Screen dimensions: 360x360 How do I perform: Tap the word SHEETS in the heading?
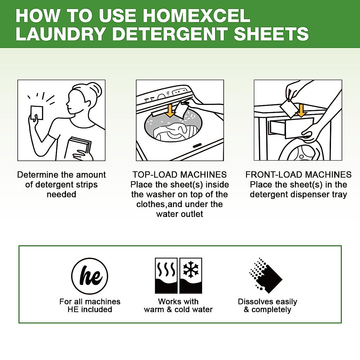[x=271, y=34]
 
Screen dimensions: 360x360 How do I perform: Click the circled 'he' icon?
[x=90, y=276]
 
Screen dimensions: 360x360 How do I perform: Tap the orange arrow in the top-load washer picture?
[x=170, y=110]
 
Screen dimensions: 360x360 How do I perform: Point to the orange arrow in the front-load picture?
[x=301, y=111]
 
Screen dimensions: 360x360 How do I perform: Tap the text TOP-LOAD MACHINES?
[x=180, y=175]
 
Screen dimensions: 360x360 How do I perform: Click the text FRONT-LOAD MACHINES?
[x=298, y=175]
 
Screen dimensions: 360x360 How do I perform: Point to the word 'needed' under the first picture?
[x=61, y=194]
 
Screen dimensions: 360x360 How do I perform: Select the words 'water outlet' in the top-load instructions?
[x=180, y=214]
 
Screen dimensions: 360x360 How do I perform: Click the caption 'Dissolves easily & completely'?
[x=267, y=305]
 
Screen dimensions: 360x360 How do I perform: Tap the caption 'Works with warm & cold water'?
[x=178, y=305]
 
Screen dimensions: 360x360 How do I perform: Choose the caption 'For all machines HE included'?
[x=90, y=305]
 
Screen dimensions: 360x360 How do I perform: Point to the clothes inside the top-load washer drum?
[x=172, y=132]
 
